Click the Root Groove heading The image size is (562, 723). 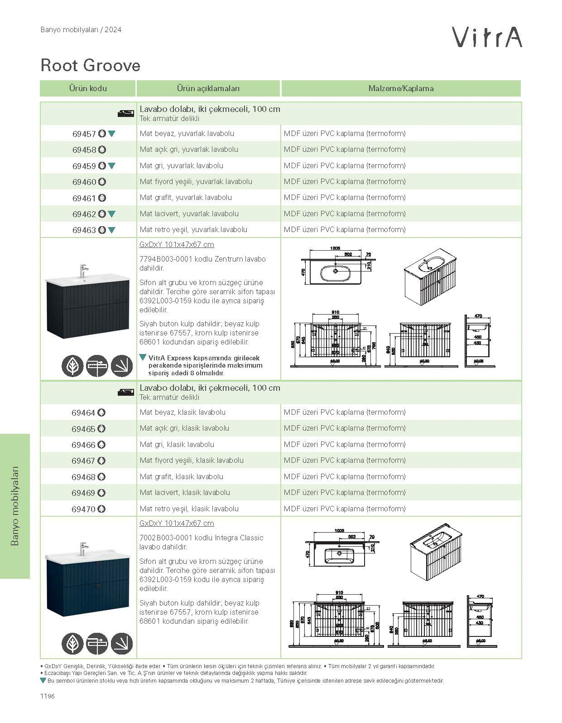pos(91,65)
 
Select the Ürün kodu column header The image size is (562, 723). pos(88,88)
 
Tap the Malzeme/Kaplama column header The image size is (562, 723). pos(401,88)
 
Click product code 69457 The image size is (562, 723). pos(84,134)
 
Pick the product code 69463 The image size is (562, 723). pos(84,230)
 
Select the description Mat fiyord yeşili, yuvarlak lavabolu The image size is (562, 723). pos(196,181)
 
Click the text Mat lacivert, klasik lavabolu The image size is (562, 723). pos(185,492)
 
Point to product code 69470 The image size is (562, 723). pos(83,509)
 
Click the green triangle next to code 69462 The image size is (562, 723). pos(112,214)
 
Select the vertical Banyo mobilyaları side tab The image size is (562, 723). pos(15,505)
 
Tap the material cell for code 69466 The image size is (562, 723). pos(345,444)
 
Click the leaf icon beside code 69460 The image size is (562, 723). pos(102,182)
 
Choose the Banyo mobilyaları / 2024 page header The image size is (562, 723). pos(81,30)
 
